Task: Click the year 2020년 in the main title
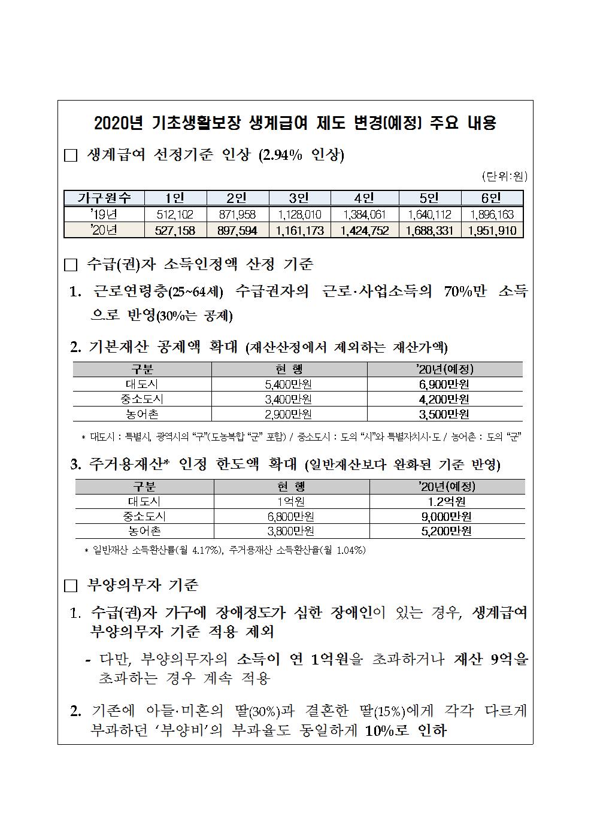click(x=119, y=123)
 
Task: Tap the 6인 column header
click(x=491, y=199)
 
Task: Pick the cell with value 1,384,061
click(x=364, y=214)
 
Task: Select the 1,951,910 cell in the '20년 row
click(x=492, y=230)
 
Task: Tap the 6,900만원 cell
click(x=444, y=384)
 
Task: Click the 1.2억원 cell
click(x=447, y=502)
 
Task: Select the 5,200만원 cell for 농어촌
click(x=447, y=531)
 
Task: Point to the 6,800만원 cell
click(x=291, y=517)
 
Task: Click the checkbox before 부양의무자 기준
click(x=71, y=586)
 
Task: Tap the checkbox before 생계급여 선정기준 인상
click(x=71, y=156)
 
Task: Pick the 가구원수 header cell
click(x=104, y=199)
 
